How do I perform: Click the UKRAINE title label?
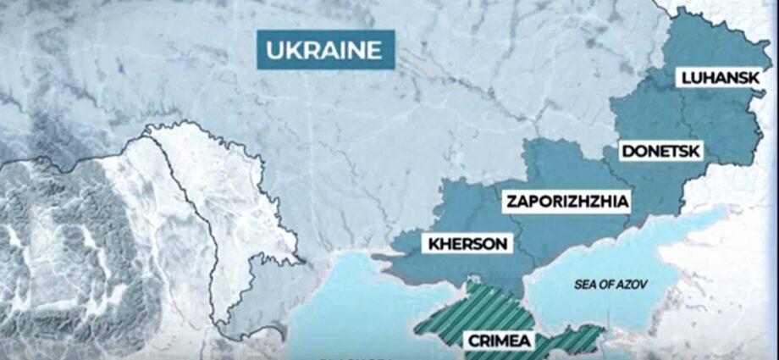click(x=325, y=49)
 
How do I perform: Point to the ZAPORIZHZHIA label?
click(x=567, y=202)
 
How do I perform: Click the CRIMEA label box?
click(x=499, y=341)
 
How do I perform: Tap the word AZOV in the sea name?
click(x=631, y=285)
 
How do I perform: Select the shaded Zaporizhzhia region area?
click(x=559, y=169)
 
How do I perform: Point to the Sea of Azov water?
click(x=610, y=254)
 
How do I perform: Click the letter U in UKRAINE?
click(x=274, y=49)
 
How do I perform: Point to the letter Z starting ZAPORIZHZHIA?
click(x=511, y=202)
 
